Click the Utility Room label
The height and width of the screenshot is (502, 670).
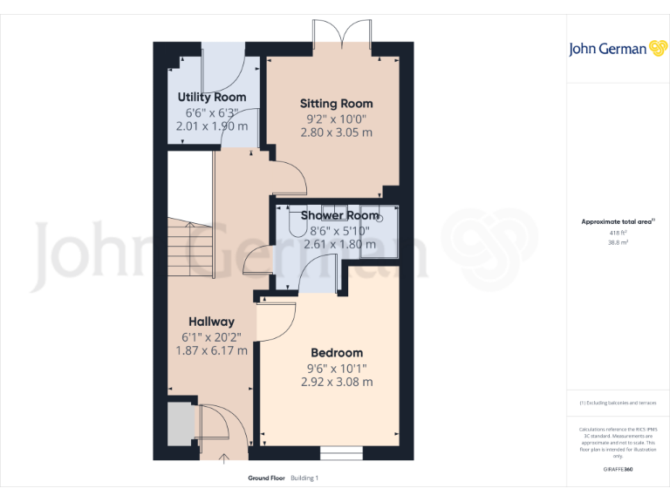(212, 97)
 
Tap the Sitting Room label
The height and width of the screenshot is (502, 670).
(336, 104)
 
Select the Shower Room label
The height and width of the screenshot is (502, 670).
(340, 215)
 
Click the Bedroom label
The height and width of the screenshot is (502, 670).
(337, 353)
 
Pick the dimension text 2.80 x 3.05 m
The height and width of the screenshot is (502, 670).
(336, 132)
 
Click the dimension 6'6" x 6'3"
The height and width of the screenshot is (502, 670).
(212, 112)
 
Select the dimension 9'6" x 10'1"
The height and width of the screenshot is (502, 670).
(337, 368)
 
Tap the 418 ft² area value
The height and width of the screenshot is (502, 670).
(618, 233)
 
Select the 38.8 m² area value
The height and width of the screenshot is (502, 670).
(618, 243)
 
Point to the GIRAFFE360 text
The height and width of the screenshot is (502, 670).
(618, 470)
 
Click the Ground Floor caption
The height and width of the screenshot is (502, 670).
(267, 478)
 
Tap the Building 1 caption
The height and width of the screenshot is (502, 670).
(305, 478)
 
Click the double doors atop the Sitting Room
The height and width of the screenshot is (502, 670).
(343, 40)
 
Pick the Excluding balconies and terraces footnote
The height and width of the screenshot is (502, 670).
(618, 403)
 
